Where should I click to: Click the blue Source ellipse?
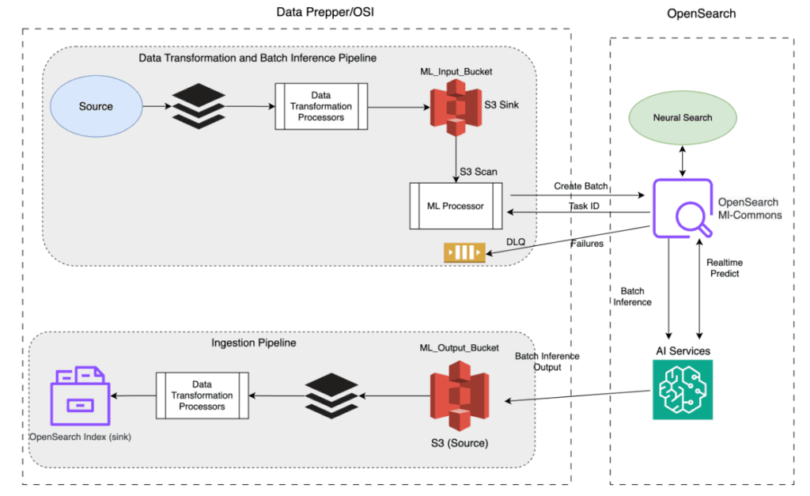[x=96, y=106]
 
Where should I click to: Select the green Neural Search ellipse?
[x=682, y=118]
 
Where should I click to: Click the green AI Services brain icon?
[x=683, y=389]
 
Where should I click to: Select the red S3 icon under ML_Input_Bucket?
[x=456, y=106]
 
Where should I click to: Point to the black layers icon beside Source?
[x=196, y=106]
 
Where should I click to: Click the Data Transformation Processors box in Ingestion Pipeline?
[x=202, y=396]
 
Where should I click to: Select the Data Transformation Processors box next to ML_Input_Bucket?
[x=321, y=107]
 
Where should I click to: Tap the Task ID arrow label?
[x=585, y=205]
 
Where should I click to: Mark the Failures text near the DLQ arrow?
[x=588, y=244]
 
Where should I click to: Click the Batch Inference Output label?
[x=547, y=362]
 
